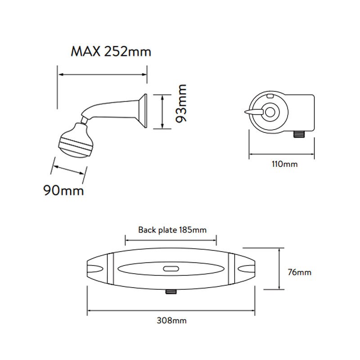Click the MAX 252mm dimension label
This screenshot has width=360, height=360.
(111, 52)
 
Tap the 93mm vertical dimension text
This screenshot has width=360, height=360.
(181, 103)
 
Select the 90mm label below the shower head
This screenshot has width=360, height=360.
(63, 190)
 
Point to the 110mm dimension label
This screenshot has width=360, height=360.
(284, 164)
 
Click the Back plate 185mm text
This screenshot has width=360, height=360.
(172, 230)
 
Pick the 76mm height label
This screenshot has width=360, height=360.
(300, 273)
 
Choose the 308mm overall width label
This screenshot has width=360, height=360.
(171, 320)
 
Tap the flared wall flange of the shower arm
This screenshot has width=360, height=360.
(142, 111)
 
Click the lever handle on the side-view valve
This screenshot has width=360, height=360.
(253, 112)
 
